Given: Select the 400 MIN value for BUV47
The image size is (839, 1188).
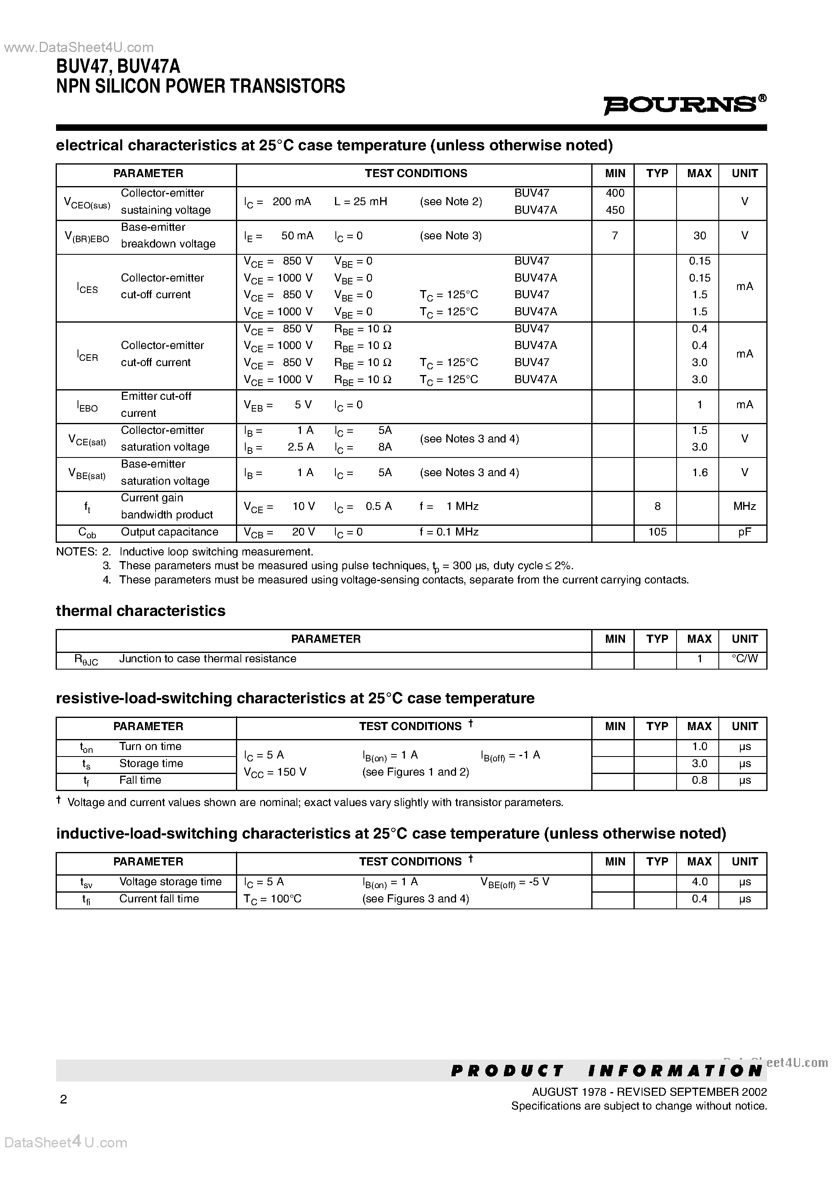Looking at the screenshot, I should [x=614, y=193].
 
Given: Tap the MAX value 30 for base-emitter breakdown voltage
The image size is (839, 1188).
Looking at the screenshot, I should [x=699, y=236].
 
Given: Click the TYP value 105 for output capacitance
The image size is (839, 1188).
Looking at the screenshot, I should [x=657, y=532].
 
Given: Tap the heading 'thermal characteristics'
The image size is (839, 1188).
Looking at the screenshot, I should [x=141, y=611].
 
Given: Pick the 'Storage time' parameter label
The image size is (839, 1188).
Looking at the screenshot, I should [x=151, y=764].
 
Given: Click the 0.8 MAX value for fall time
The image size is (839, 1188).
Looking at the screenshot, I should [x=699, y=780].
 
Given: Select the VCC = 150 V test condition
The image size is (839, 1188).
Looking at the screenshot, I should [x=275, y=772].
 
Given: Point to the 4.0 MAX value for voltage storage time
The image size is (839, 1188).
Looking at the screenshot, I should [x=699, y=882].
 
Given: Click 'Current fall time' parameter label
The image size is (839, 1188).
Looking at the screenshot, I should [x=159, y=899].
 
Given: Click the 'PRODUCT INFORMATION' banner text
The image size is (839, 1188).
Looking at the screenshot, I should [x=606, y=1071].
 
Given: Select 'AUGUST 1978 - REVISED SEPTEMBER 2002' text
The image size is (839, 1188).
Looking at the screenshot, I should [x=649, y=1092].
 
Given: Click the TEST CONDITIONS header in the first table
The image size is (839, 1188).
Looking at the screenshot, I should [x=415, y=174].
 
